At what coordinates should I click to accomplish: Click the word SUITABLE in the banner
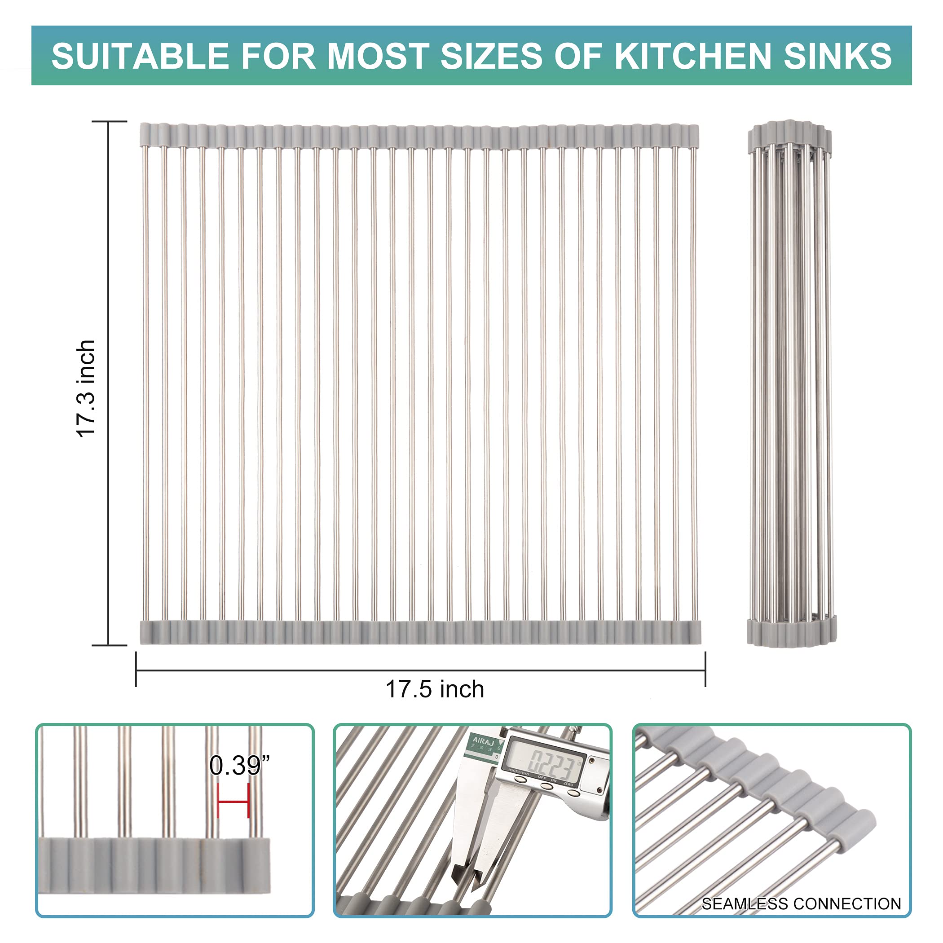140,56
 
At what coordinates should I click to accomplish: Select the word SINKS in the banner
837,56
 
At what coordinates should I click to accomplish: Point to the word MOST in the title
378,56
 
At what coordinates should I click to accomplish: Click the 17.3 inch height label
86,388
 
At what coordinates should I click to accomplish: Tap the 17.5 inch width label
434,690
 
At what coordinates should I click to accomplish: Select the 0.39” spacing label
239,765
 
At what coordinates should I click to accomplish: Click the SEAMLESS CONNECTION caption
801,903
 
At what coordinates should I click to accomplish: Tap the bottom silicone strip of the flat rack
420,633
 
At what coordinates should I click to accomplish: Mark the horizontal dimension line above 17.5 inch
420,670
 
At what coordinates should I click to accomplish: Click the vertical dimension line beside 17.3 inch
108,383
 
